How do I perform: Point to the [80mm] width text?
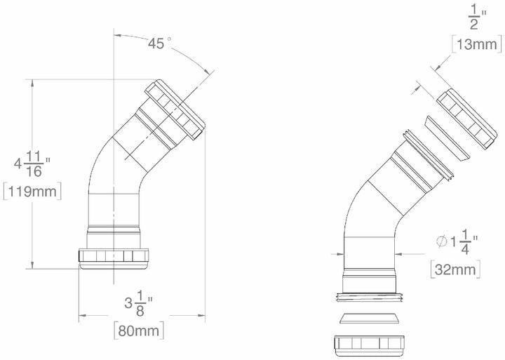pos(140,328)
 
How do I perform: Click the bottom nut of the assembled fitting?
pos(116,258)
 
